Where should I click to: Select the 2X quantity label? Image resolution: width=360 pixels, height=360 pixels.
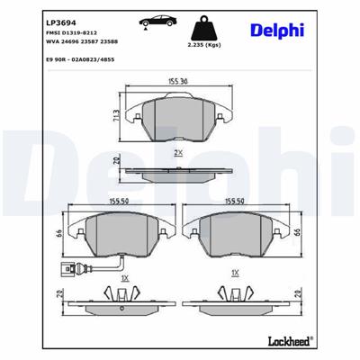[177, 153]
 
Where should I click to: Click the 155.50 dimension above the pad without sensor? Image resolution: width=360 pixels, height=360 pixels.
[235, 202]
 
